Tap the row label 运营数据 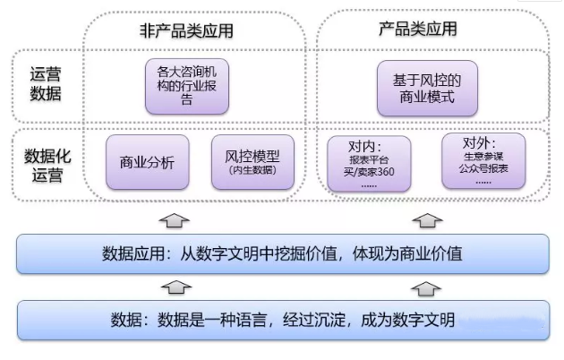[x=43, y=86]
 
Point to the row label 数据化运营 [x=43, y=164]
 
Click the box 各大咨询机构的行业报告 [x=186, y=86]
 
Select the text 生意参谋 [x=483, y=156]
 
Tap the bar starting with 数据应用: [x=283, y=253]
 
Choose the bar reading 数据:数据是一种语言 [x=283, y=320]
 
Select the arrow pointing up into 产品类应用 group [x=428, y=218]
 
